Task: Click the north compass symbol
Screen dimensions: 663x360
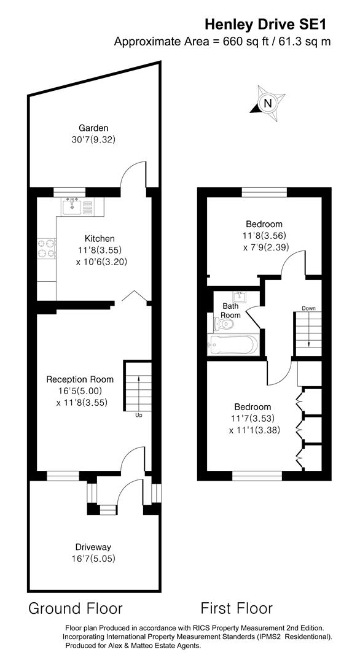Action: point(267,104)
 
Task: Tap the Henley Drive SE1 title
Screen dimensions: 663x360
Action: point(265,24)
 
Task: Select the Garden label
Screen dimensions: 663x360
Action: point(93,128)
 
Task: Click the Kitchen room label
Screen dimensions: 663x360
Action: point(100,238)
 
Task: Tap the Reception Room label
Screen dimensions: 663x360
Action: point(80,379)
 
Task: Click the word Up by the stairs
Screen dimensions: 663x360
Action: point(139,416)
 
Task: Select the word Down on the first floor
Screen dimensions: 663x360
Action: point(308,308)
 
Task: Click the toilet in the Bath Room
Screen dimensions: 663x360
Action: point(221,323)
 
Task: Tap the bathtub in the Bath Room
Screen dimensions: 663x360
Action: point(233,345)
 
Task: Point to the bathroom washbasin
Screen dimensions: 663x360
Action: point(241,298)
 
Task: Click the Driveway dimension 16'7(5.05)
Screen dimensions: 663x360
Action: point(93,559)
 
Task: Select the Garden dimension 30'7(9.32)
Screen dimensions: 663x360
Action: point(93,139)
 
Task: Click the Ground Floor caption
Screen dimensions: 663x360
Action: point(76,608)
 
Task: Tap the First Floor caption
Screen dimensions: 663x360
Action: point(237,608)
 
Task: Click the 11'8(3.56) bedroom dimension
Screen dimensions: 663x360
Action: point(264,236)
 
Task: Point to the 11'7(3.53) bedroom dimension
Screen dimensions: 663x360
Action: point(252,419)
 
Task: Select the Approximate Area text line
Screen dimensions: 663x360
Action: point(222,42)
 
